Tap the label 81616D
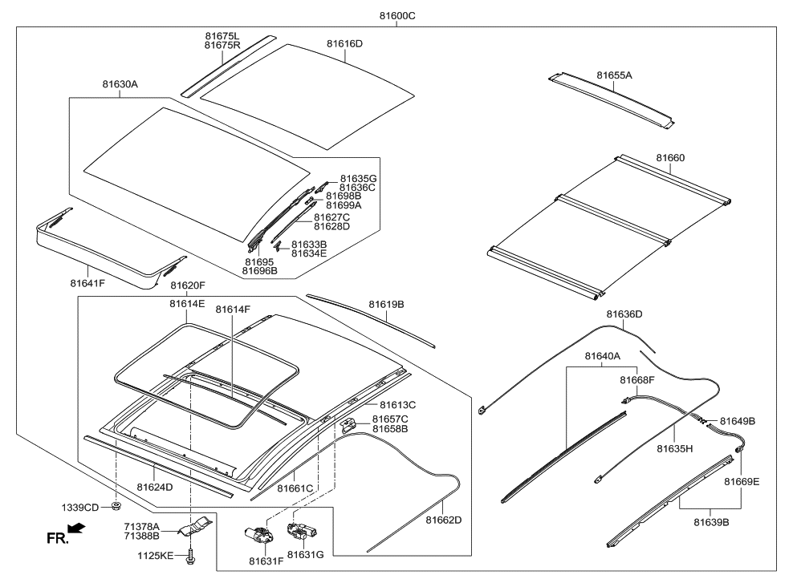[x=344, y=43]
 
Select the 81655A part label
[x=614, y=75]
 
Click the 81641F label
[x=87, y=283]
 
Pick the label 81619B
[x=386, y=305]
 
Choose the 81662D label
[x=443, y=520]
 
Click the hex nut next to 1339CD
[x=116, y=507]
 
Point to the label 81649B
[x=738, y=421]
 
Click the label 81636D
[x=624, y=314]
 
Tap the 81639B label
[x=710, y=522]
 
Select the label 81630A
[x=120, y=83]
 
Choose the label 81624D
[x=154, y=487]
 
